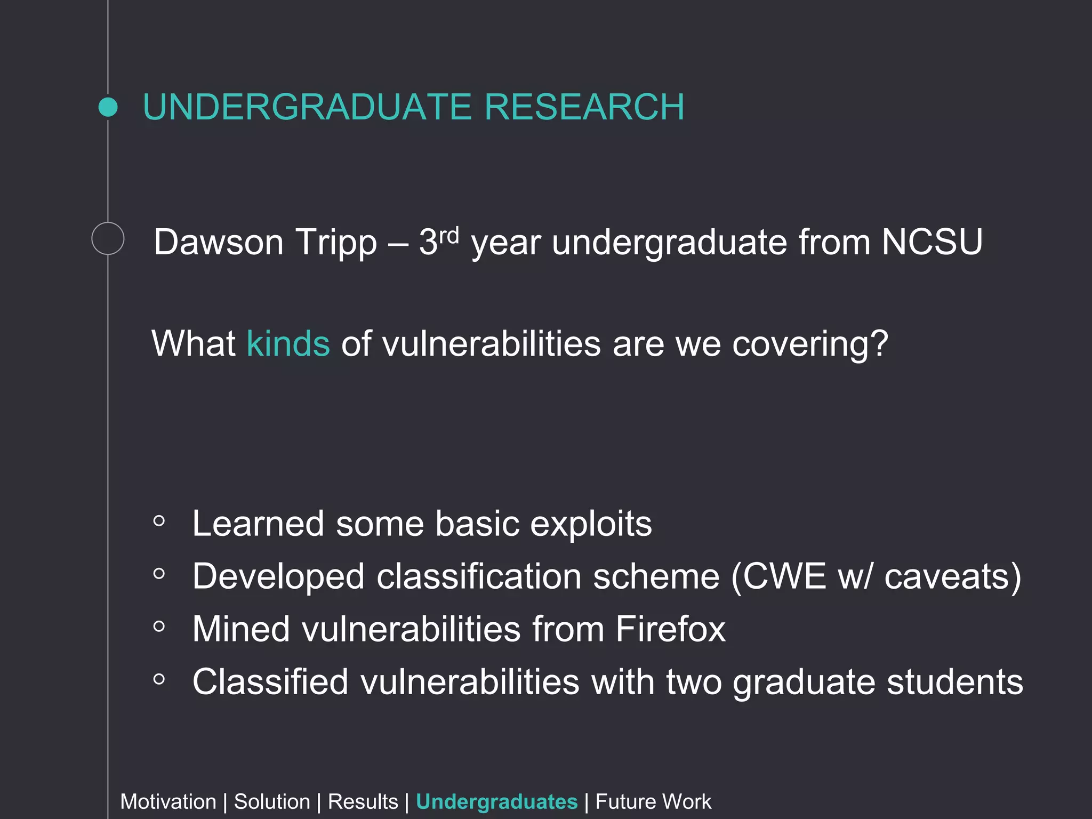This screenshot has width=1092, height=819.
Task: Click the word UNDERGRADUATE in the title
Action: (x=307, y=107)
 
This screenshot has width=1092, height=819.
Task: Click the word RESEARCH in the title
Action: (x=584, y=107)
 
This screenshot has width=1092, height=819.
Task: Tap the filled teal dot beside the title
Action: (x=108, y=107)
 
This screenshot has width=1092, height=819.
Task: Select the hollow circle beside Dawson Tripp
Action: (x=108, y=238)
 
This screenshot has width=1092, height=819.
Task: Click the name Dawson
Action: (x=219, y=243)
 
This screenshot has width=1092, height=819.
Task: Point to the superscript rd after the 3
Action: (x=449, y=235)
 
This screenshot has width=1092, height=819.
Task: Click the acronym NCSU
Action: (x=932, y=243)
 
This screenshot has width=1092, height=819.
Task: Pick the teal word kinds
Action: (x=288, y=344)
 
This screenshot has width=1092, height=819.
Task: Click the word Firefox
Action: (x=670, y=629)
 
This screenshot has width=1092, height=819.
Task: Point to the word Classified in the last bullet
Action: (x=270, y=682)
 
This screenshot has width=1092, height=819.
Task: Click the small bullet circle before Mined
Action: (x=159, y=627)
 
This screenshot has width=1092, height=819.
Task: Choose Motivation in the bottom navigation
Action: (x=168, y=802)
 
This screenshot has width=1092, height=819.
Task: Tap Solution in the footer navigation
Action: (x=272, y=802)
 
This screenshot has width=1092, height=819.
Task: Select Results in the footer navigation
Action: (x=363, y=802)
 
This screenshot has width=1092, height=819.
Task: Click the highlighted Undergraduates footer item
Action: (x=496, y=802)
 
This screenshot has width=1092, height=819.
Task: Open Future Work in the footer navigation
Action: (x=653, y=802)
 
